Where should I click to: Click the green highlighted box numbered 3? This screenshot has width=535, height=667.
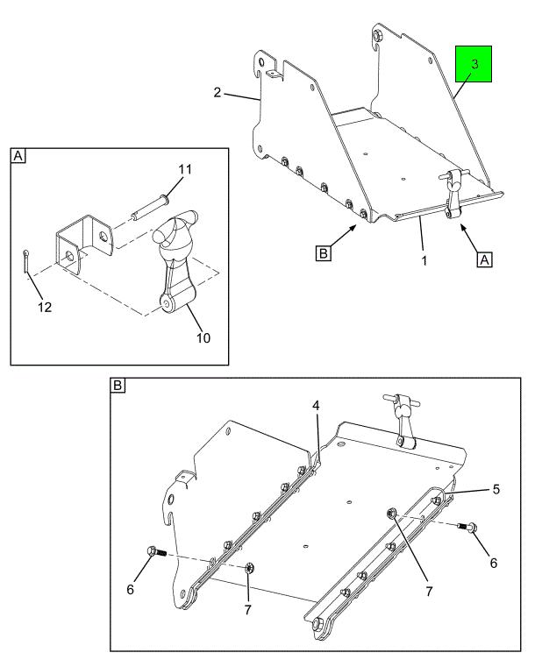(x=474, y=66)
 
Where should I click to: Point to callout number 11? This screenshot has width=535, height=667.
(x=185, y=167)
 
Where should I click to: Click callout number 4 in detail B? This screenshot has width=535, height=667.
(x=317, y=405)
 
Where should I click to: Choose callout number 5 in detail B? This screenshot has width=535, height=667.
(x=496, y=489)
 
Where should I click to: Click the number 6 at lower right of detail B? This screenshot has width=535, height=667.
(x=493, y=563)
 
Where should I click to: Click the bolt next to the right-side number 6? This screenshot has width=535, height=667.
(x=470, y=527)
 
